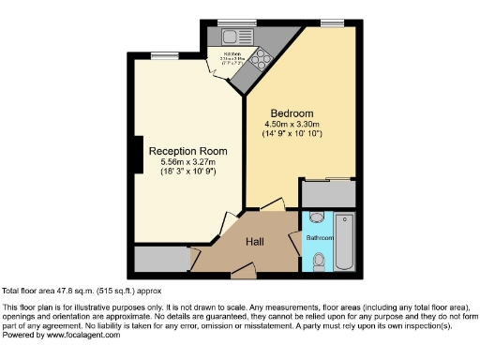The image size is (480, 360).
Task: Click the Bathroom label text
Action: coord(320,238)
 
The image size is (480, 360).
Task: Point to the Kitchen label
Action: coord(232,53)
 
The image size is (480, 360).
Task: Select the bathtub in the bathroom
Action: coord(345,241)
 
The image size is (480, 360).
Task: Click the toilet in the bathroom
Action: coord(322,259)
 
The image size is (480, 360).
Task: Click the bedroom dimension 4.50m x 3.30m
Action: coord(292,125)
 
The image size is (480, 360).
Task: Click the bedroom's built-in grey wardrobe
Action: coord(327,193)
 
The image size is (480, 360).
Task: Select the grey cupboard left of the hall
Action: coord(160,258)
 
